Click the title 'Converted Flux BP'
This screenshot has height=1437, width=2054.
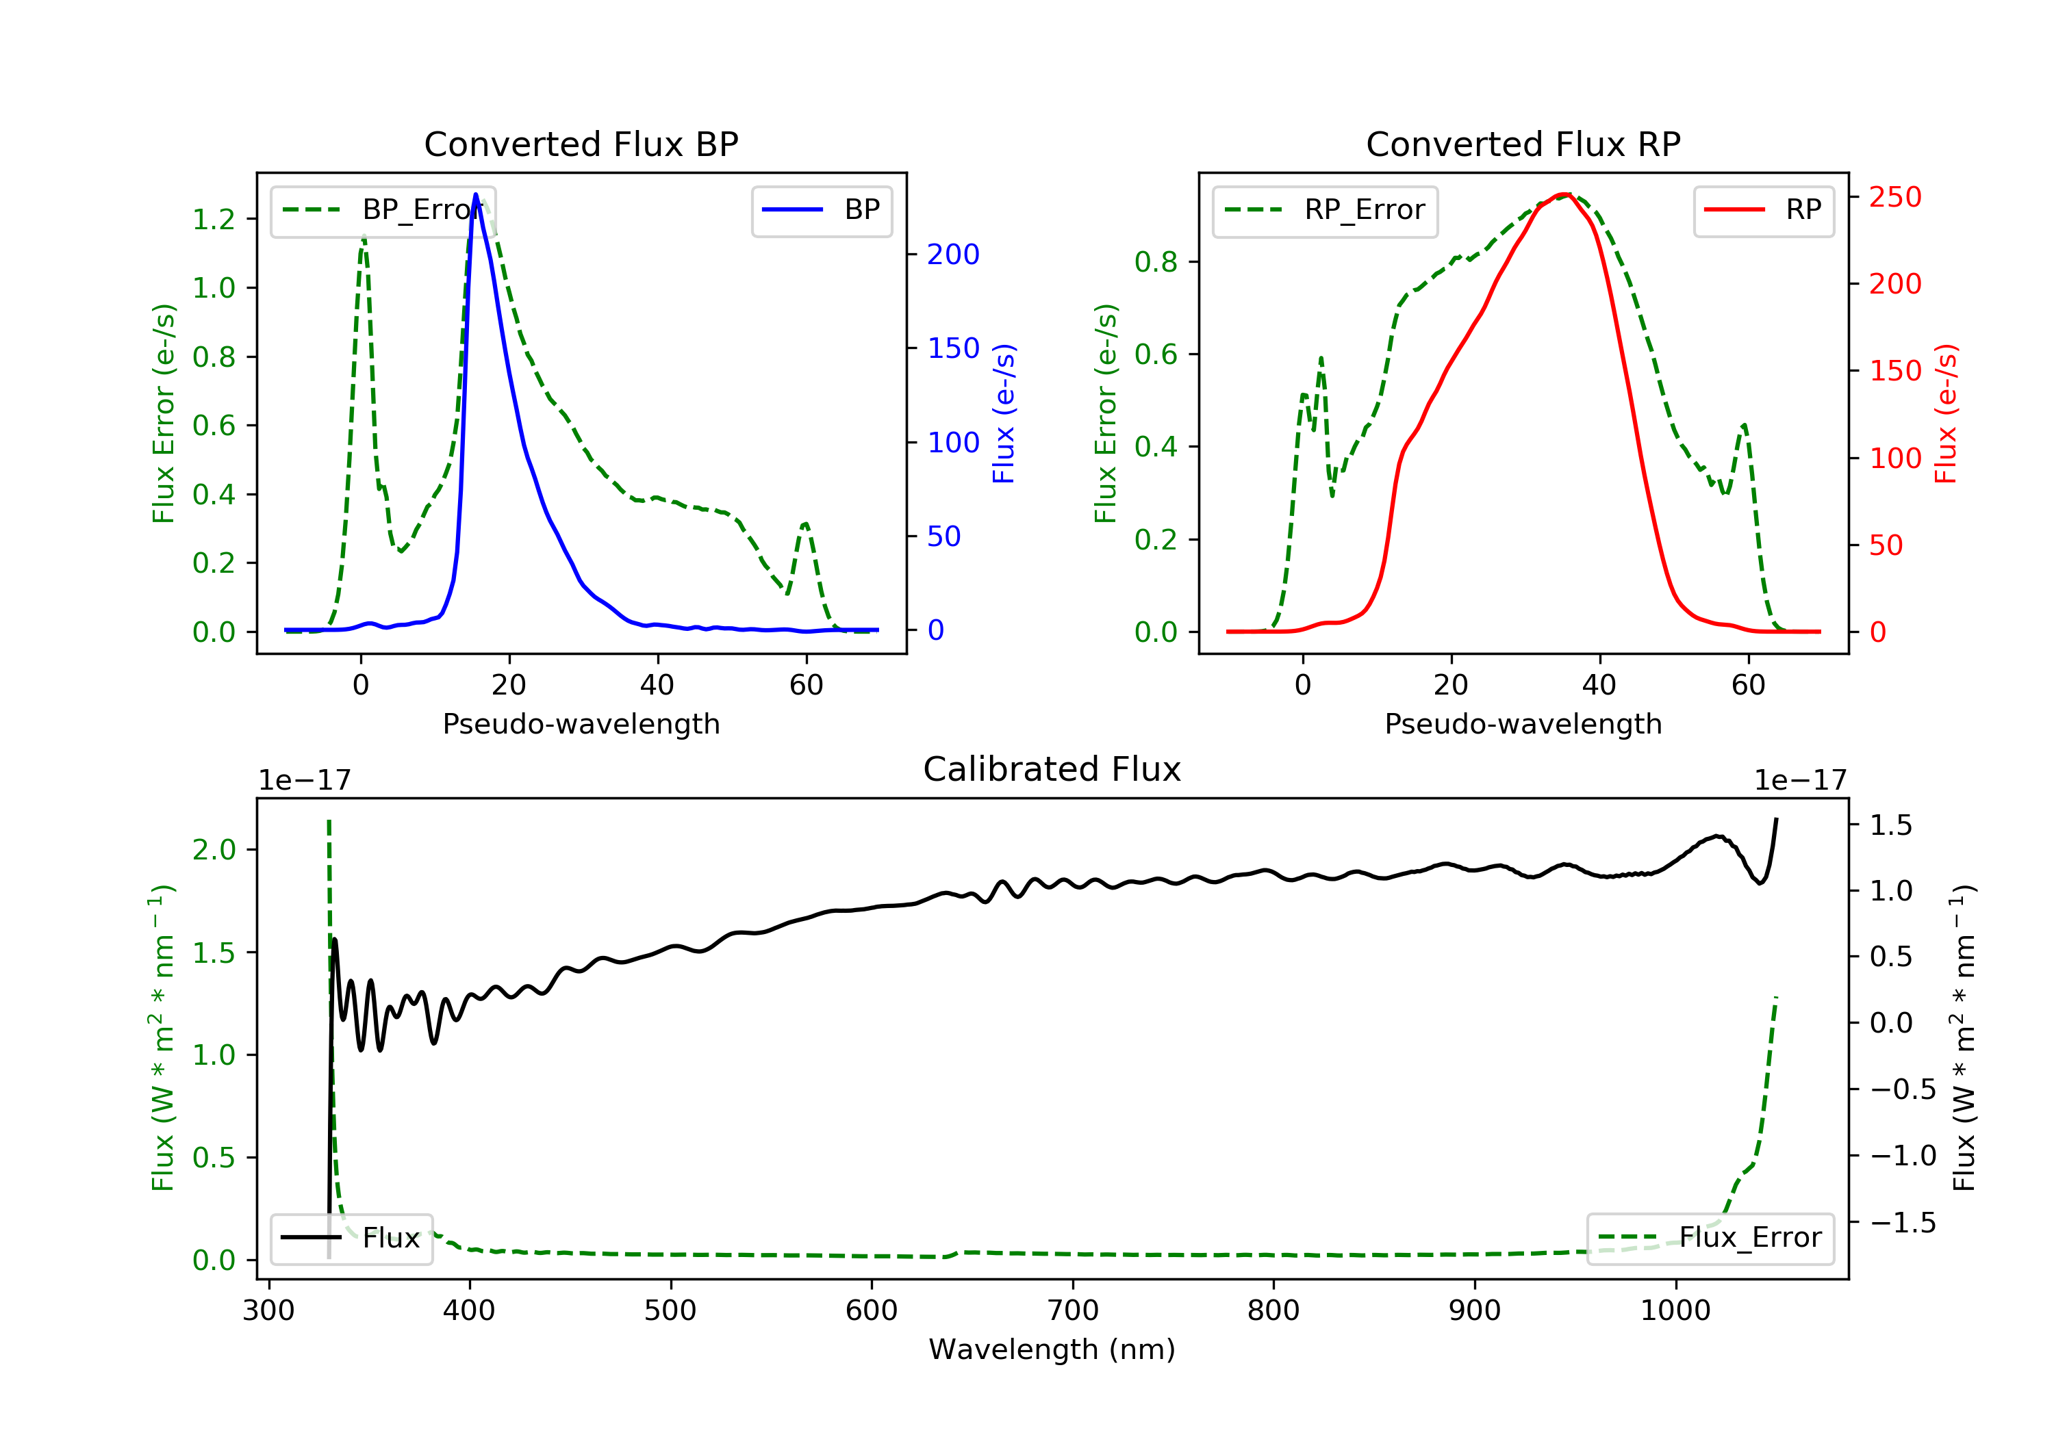(581, 144)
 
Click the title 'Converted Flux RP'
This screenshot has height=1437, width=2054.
(1523, 144)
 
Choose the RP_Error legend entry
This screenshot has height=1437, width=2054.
(1324, 211)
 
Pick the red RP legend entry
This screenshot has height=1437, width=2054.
(1762, 210)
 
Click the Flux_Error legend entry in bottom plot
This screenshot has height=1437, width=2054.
(1710, 1238)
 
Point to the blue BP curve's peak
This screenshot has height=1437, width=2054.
(475, 194)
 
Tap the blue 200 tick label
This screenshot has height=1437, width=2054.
(953, 255)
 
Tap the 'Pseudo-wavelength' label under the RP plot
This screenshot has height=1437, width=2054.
(1523, 723)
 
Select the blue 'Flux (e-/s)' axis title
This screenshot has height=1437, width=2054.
(1004, 414)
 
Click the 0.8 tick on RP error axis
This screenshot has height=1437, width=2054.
(1156, 262)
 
